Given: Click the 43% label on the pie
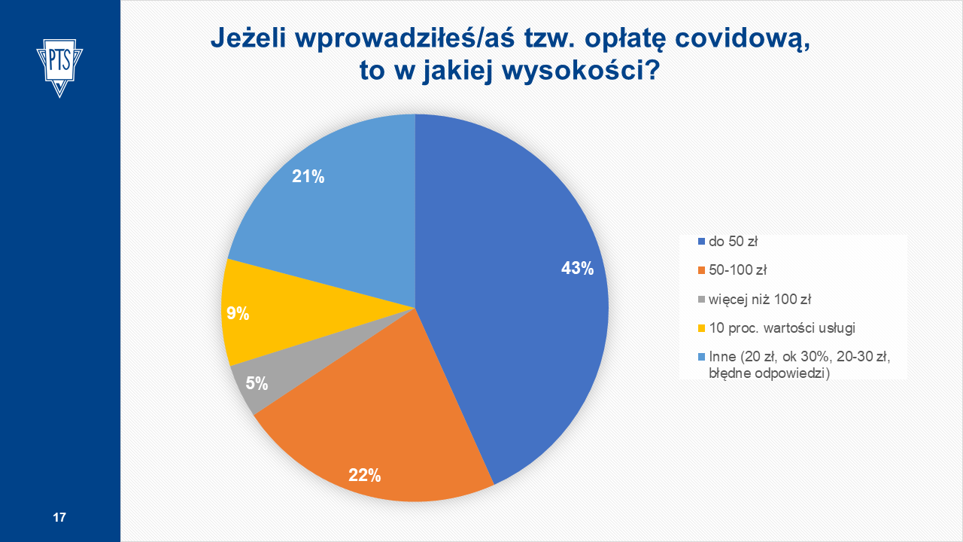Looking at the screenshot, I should [577, 268].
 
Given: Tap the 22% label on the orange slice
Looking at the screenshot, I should [364, 475].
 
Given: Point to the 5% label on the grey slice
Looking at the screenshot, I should [257, 383].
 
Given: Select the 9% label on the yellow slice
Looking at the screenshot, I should [238, 314].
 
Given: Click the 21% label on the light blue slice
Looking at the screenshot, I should [308, 177].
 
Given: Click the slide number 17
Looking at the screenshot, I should [59, 517].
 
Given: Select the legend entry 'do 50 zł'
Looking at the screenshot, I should [733, 242].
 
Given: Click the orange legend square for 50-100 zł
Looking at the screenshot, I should [702, 270].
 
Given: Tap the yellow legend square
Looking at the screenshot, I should [702, 327].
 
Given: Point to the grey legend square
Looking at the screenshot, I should [702, 299].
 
